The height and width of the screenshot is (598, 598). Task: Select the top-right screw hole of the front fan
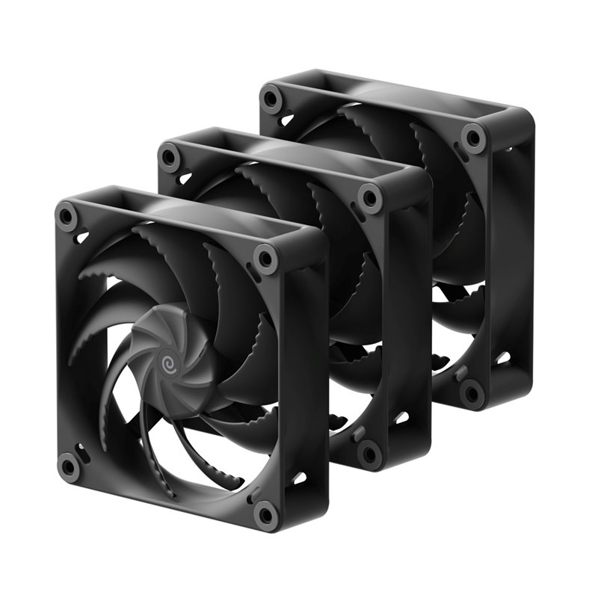tap(265, 259)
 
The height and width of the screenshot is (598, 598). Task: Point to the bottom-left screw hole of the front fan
tap(69, 467)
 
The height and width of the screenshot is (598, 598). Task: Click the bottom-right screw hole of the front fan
tap(265, 514)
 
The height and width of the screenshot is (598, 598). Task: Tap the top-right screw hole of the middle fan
tap(369, 198)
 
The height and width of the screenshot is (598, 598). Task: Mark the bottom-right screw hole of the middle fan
tap(369, 453)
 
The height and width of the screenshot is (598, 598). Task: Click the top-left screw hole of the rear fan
tap(272, 98)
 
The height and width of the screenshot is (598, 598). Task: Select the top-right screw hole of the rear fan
tap(472, 138)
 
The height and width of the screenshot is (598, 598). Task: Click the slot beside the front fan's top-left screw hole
tap(81, 237)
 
